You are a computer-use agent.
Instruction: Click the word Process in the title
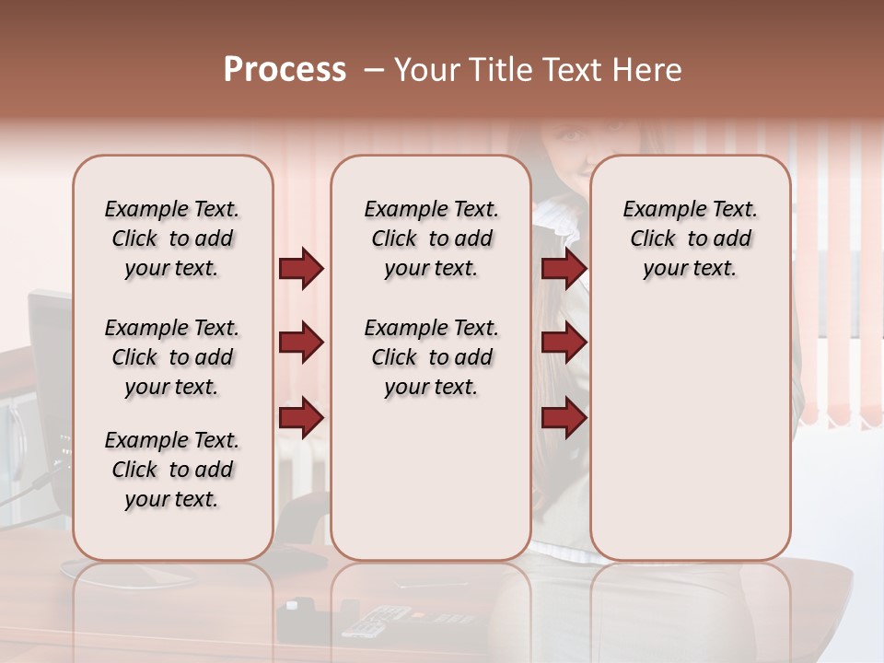coord(285,70)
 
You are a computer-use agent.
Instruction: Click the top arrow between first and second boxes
coord(301,268)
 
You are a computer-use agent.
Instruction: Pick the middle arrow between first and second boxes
coord(301,343)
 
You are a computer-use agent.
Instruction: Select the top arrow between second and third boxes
coord(564,268)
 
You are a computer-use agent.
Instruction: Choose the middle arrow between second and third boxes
coord(564,343)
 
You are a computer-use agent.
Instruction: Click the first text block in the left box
coord(172,238)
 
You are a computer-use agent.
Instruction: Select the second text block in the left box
coord(172,357)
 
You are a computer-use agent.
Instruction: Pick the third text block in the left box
coord(172,470)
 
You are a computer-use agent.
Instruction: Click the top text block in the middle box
coord(431,238)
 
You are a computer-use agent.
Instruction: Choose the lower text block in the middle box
coord(431,357)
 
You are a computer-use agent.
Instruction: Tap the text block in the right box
coord(690,238)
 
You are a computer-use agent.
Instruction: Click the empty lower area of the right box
coord(690,424)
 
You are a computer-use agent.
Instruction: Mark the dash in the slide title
coord(374,70)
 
